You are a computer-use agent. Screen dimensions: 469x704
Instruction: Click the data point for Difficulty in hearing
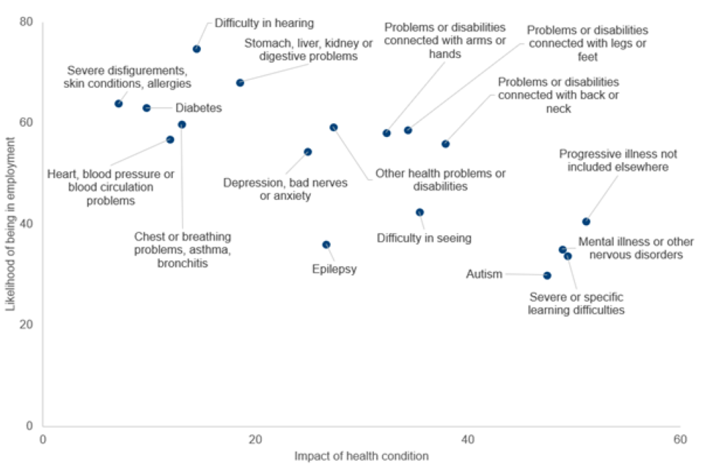[197, 49]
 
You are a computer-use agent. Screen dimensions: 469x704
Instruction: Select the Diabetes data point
[147, 108]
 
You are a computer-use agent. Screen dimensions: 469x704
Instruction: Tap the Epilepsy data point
[326, 245]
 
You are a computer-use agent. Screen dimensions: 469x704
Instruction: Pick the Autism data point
[547, 276]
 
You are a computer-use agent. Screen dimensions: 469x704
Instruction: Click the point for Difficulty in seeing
[420, 213]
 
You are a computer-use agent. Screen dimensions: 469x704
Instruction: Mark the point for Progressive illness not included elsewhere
[586, 221]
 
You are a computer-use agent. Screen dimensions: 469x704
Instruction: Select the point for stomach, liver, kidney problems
[240, 83]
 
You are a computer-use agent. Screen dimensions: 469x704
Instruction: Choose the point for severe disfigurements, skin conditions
[119, 103]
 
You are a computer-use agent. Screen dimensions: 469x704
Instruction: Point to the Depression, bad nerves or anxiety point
[308, 152]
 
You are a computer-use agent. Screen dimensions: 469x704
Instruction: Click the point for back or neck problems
[445, 144]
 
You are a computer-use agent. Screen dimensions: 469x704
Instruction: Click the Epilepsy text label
[334, 269]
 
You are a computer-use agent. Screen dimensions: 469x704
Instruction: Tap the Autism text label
[485, 275]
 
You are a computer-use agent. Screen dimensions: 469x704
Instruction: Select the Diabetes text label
[198, 108]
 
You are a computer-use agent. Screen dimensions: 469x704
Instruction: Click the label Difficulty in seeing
[424, 238]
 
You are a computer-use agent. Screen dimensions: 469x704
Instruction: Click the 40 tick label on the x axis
[467, 439]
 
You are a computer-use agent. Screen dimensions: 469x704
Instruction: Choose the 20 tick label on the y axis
[27, 325]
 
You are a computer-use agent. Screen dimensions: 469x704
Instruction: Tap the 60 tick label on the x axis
[680, 439]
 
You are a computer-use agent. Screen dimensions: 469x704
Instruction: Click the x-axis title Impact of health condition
[362, 456]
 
